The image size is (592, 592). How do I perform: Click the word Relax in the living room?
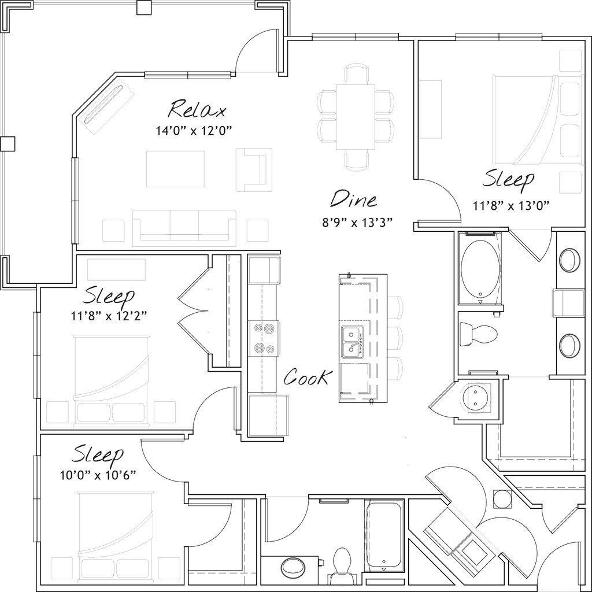click(x=197, y=109)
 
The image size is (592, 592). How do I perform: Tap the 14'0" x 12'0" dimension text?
click(x=194, y=131)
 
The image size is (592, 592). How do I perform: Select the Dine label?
click(x=353, y=199)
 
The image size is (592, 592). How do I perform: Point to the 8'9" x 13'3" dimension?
click(x=358, y=223)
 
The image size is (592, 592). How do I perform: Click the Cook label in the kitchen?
click(x=308, y=378)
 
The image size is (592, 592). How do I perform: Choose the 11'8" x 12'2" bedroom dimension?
click(x=108, y=316)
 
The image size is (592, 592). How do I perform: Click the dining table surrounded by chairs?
click(x=355, y=117)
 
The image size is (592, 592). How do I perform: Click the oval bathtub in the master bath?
click(x=479, y=267)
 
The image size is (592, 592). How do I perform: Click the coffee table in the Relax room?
click(x=175, y=169)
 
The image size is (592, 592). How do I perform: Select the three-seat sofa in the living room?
click(x=184, y=228)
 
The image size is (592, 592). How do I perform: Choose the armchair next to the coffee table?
click(x=254, y=170)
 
